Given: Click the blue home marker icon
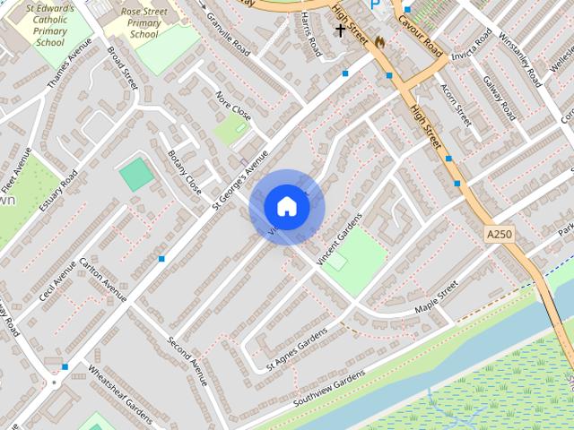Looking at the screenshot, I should (x=286, y=207).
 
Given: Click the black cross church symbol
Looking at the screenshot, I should (x=340, y=30).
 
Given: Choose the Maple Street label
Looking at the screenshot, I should (x=436, y=297).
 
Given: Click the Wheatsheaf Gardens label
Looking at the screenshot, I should (x=120, y=388).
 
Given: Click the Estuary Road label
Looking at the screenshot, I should (x=58, y=191).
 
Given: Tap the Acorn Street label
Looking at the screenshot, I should (x=456, y=104).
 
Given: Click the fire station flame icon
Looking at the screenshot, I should (x=379, y=42).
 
